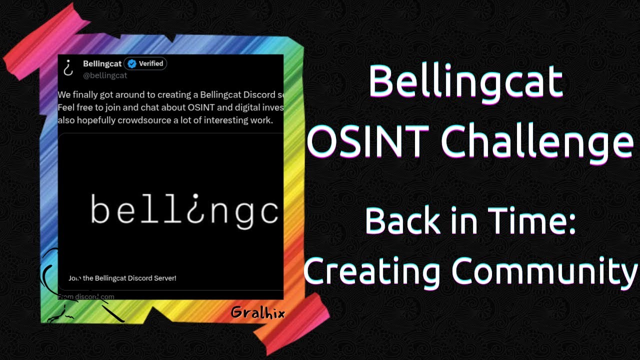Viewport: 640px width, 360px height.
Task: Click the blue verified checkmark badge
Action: tap(131, 63)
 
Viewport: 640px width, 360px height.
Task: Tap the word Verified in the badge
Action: tap(151, 63)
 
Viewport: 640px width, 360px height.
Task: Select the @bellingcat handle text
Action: tap(105, 75)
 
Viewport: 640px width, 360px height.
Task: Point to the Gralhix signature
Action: tap(257, 313)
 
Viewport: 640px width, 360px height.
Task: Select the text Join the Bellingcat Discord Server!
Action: tap(122, 278)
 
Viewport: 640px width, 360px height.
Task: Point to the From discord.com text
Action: tap(86, 296)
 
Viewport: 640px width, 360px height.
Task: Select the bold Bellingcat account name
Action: tap(102, 63)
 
